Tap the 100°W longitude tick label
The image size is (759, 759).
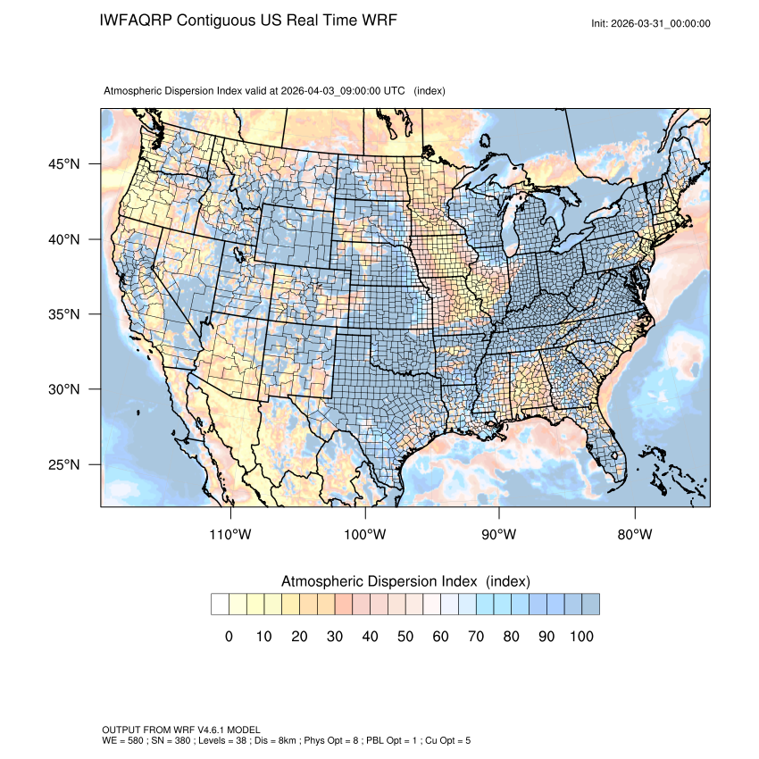365,535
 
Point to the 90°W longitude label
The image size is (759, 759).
499,535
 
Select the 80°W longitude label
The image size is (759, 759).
634,535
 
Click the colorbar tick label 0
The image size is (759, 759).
229,637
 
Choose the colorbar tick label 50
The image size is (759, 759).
405,637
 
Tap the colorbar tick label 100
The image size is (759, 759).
580,637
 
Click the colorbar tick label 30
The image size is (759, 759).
335,637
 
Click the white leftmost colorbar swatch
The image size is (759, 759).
220,605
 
